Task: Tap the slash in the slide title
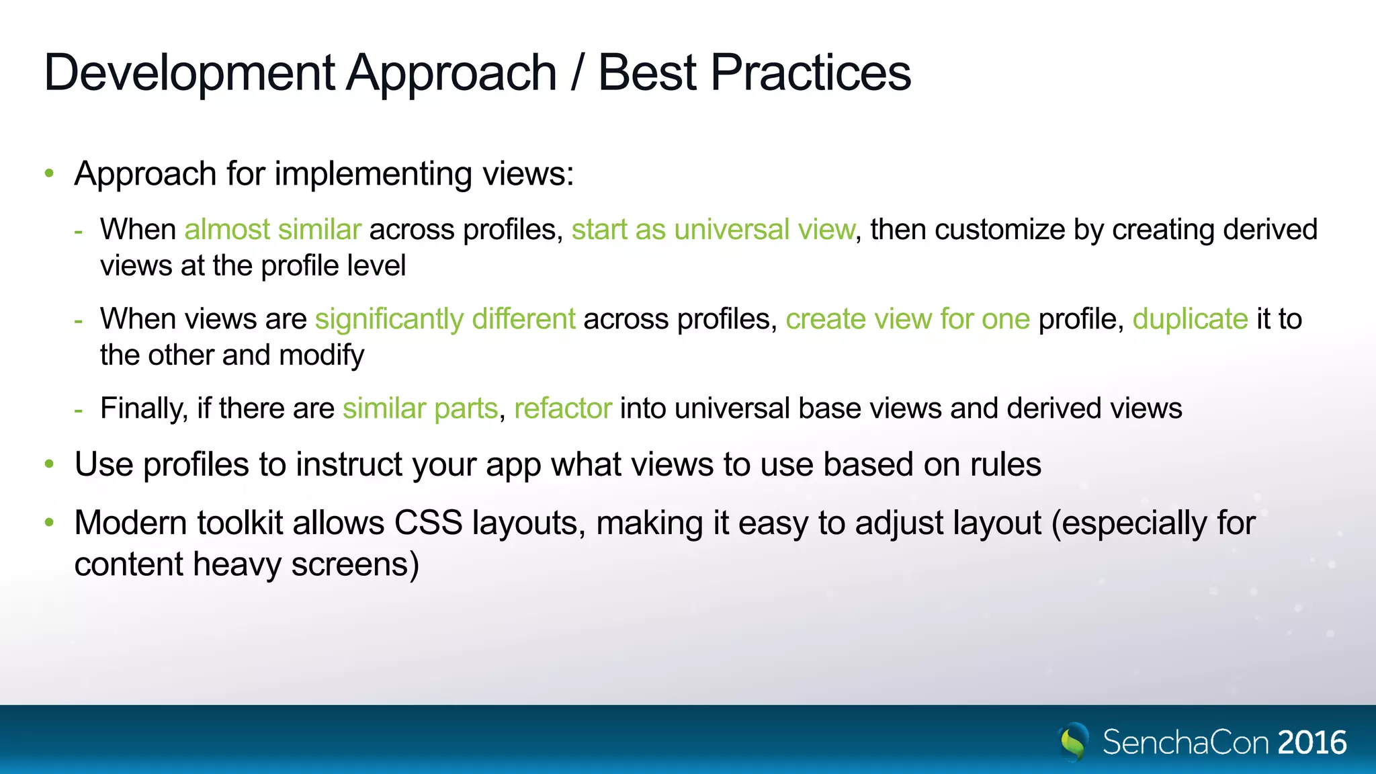click(576, 73)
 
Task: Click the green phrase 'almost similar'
click(273, 230)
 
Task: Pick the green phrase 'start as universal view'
click(713, 230)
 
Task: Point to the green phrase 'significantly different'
click(445, 319)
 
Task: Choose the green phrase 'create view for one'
click(908, 319)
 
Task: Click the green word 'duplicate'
click(1190, 319)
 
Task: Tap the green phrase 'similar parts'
click(421, 408)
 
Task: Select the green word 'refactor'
click(563, 408)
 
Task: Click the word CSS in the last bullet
click(428, 523)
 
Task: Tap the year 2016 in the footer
click(1312, 742)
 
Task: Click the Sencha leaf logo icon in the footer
click(1074, 742)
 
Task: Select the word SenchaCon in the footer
click(1186, 742)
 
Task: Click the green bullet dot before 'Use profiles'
click(49, 464)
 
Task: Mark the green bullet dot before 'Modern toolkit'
click(49, 522)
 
